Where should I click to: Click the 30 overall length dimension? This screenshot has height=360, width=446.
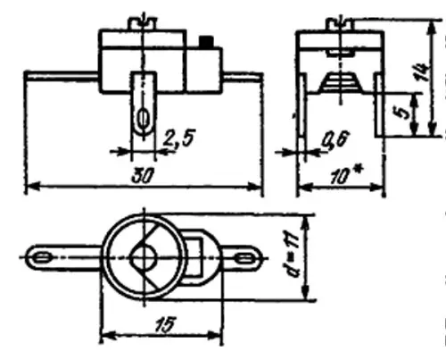(x=142, y=176)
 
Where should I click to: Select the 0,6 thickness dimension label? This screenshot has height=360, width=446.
(x=335, y=140)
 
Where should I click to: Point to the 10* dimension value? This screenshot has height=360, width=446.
(x=346, y=175)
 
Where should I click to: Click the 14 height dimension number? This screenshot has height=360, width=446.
(x=423, y=71)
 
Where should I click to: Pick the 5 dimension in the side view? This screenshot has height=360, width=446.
(x=403, y=113)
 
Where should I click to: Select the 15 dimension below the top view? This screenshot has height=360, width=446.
(x=165, y=324)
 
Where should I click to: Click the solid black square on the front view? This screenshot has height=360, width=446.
(x=206, y=42)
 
